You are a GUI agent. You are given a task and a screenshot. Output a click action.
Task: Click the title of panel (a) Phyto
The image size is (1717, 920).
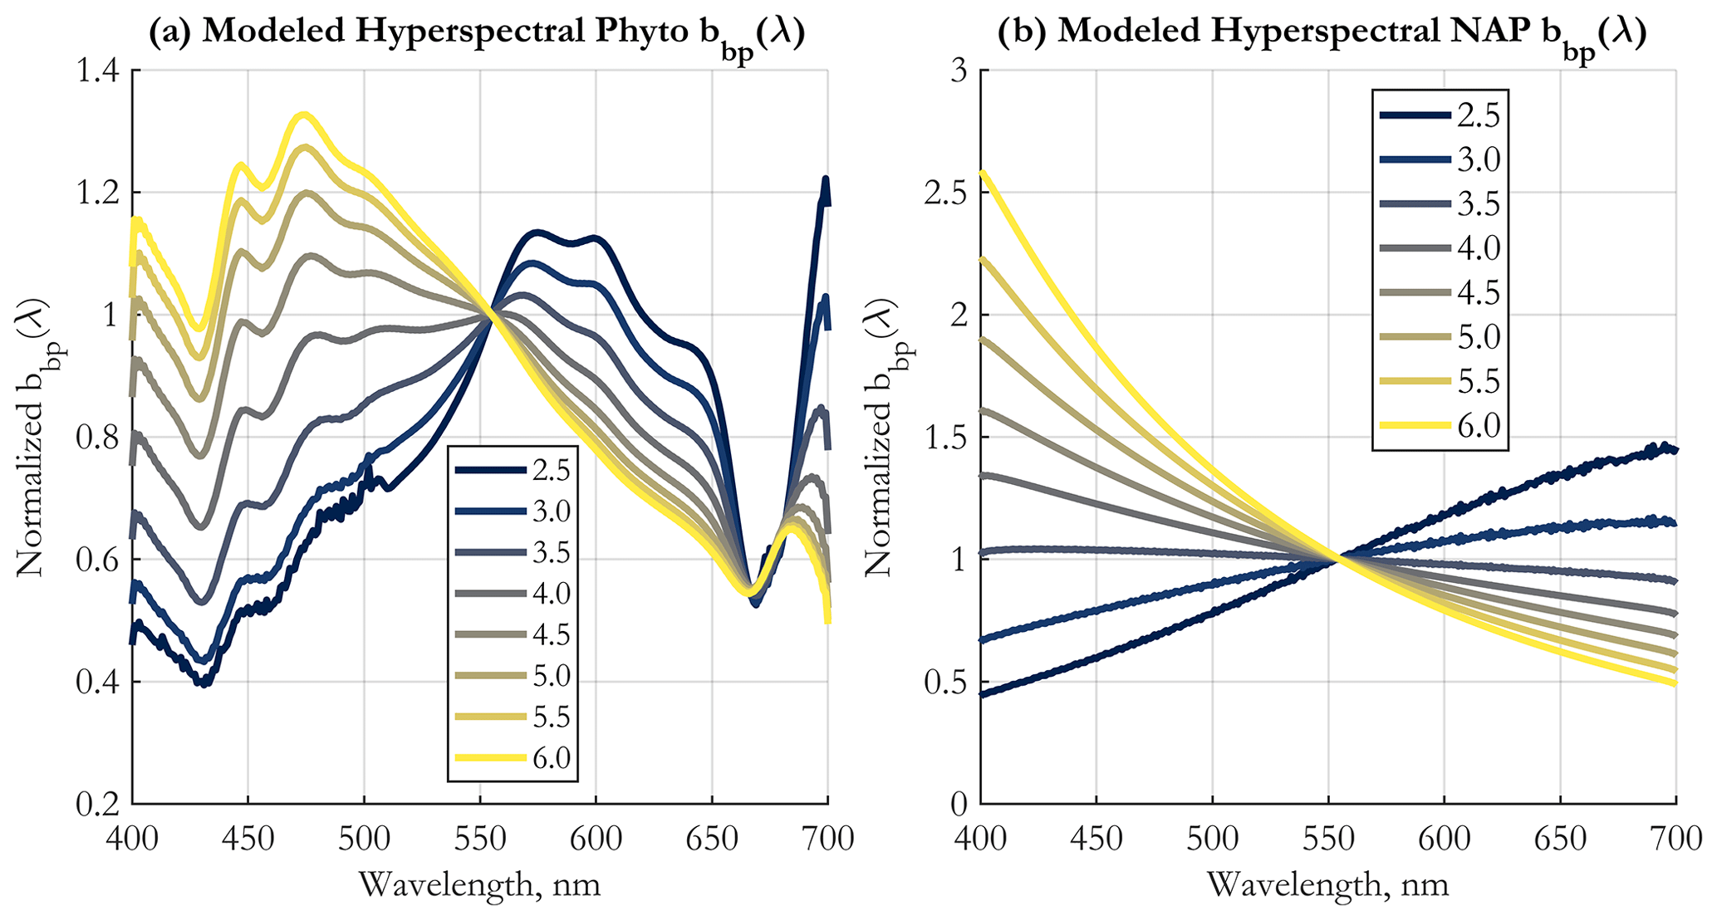pyautogui.click(x=477, y=33)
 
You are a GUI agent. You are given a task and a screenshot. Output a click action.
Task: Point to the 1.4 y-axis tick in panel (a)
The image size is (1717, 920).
pyautogui.click(x=98, y=71)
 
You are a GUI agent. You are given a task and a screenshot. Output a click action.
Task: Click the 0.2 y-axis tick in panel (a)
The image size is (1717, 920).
pyautogui.click(x=98, y=804)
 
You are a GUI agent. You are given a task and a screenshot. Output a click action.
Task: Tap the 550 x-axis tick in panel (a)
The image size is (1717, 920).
pyautogui.click(x=480, y=839)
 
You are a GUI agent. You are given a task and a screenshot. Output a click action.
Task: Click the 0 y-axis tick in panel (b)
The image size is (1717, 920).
pyautogui.click(x=959, y=804)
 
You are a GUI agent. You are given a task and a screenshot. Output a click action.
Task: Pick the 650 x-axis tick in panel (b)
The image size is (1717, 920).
pyautogui.click(x=1560, y=839)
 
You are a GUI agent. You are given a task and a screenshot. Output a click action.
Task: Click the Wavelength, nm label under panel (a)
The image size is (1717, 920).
pyautogui.click(x=479, y=885)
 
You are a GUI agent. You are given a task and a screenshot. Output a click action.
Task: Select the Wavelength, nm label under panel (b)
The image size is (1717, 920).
pyautogui.click(x=1327, y=885)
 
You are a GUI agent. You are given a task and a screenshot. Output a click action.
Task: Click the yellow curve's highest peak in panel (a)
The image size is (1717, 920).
pyautogui.click(x=304, y=115)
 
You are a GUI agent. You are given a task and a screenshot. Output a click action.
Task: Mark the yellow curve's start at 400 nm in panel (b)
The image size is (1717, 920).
pyautogui.click(x=983, y=173)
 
